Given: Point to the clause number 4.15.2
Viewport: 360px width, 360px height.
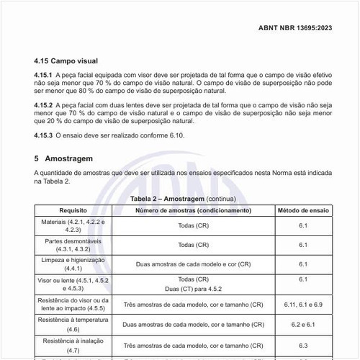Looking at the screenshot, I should tap(44, 104).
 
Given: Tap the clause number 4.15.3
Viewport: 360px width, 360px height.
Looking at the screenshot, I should tap(44, 135).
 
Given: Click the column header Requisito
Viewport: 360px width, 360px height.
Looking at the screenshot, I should tap(73, 210).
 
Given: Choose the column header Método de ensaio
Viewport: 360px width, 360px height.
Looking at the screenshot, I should tap(303, 210).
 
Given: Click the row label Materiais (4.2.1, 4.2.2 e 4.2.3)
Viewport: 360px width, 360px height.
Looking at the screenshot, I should tap(73, 225).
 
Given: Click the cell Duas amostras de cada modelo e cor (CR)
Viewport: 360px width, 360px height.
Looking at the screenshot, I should tap(193, 264).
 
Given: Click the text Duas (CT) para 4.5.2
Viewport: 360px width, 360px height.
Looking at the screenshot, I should tap(193, 288).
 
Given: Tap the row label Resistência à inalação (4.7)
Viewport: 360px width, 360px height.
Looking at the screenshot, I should tap(73, 343).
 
